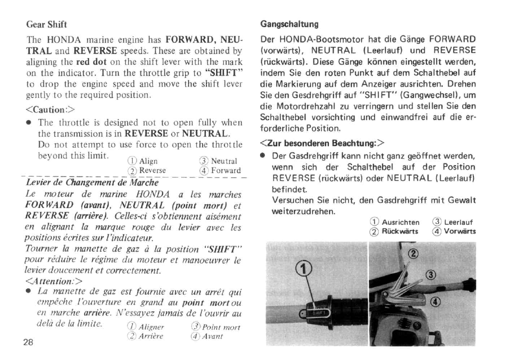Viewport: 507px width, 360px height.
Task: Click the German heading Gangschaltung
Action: click(289, 24)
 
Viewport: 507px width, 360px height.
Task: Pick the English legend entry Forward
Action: click(225, 170)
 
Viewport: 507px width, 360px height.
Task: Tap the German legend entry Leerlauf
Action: click(458, 222)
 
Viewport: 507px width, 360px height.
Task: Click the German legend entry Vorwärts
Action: click(459, 231)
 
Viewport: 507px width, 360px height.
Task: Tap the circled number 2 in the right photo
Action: click(413, 253)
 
